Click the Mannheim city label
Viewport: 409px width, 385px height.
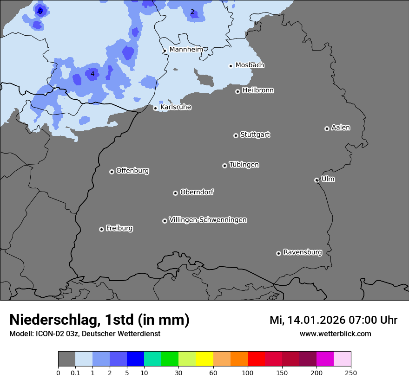click(186, 49)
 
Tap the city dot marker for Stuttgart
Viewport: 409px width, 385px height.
click(236, 135)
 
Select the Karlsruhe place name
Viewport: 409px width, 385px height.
click(176, 107)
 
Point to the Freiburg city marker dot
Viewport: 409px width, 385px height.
click(101, 229)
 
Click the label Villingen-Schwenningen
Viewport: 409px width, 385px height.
click(208, 220)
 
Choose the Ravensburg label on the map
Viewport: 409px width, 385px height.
click(303, 252)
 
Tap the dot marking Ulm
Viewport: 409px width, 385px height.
click(317, 180)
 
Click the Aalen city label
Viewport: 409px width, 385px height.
click(341, 128)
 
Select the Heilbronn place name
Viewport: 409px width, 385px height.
click(258, 90)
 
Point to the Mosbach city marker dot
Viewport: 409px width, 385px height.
click(231, 66)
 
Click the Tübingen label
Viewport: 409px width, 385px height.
click(244, 165)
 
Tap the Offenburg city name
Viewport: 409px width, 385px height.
click(132, 171)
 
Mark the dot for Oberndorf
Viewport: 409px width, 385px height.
click(175, 193)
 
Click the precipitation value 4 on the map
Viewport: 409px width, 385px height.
click(92, 74)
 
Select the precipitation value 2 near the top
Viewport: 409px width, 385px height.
click(192, 12)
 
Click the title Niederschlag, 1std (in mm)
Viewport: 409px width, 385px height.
click(99, 320)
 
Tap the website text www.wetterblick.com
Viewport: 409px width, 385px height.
click(335, 334)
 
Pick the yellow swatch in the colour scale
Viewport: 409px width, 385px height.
click(204, 359)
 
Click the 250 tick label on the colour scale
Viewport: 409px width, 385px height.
click(351, 372)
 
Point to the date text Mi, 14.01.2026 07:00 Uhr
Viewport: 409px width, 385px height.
click(333, 320)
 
